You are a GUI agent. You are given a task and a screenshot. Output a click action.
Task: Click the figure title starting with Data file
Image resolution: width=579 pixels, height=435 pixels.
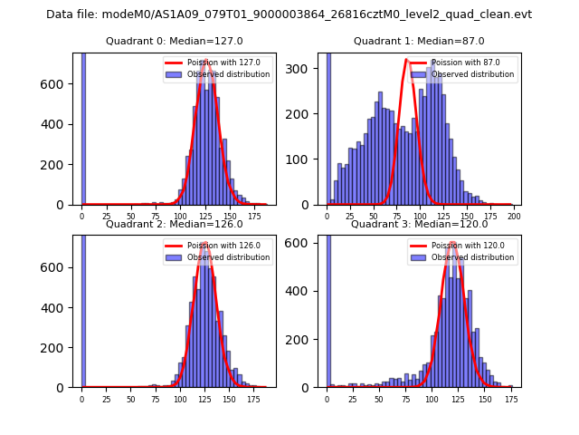tap(289, 14)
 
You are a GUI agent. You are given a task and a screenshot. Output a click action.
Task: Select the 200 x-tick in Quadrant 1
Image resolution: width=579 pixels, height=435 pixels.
tap(512, 217)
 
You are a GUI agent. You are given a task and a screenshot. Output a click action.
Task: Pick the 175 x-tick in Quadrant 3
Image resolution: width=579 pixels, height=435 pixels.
tap(510, 399)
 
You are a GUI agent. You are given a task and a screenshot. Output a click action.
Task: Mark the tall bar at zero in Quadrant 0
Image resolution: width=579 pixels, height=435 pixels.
tap(82, 127)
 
